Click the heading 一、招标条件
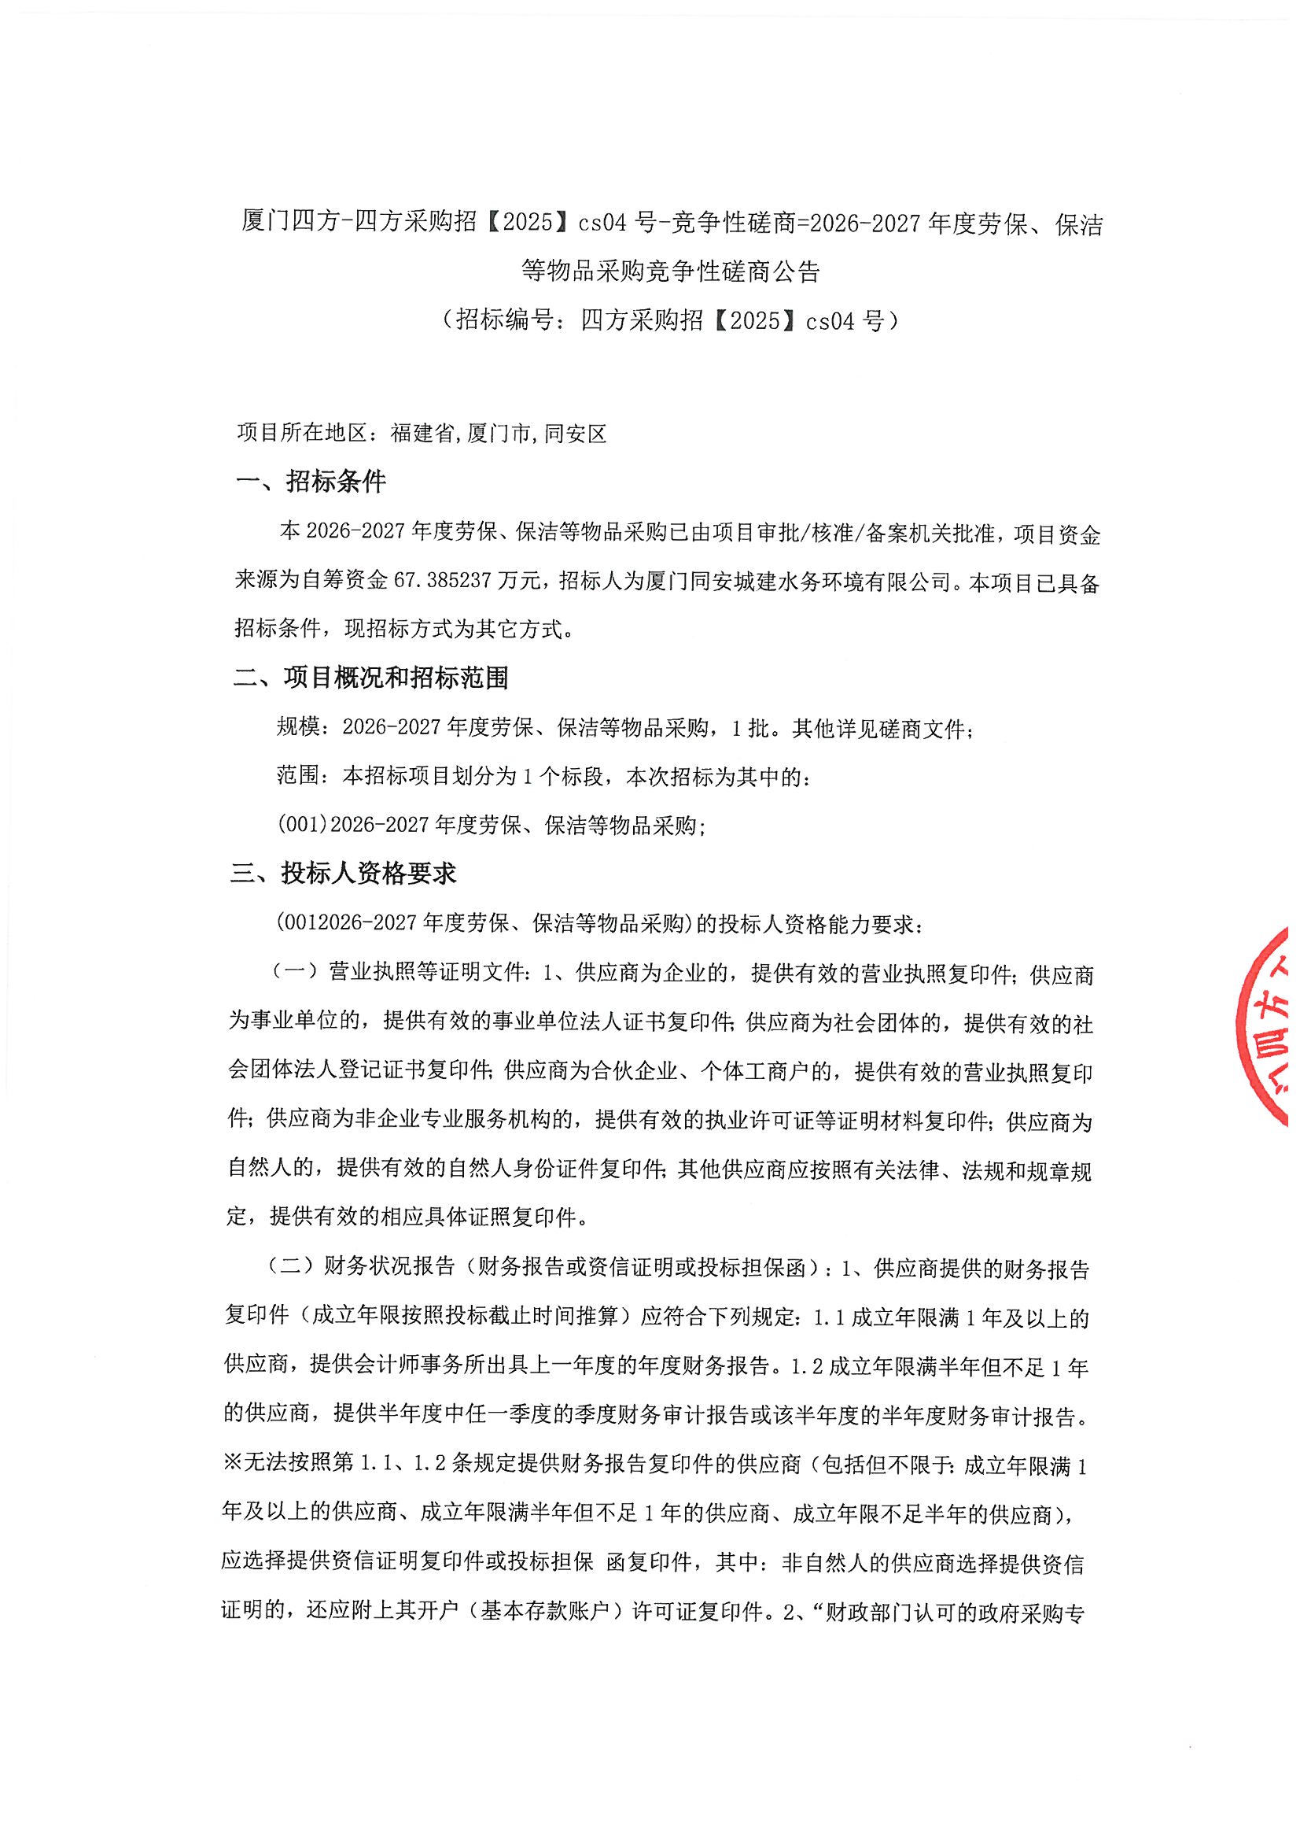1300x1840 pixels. pos(311,482)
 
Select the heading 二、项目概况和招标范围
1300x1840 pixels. pos(371,678)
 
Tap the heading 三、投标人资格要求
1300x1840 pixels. pos(344,873)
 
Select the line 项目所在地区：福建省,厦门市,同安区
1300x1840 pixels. pos(422,434)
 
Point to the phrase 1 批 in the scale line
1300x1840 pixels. pos(749,728)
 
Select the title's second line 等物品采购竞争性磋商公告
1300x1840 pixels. pos(670,271)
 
